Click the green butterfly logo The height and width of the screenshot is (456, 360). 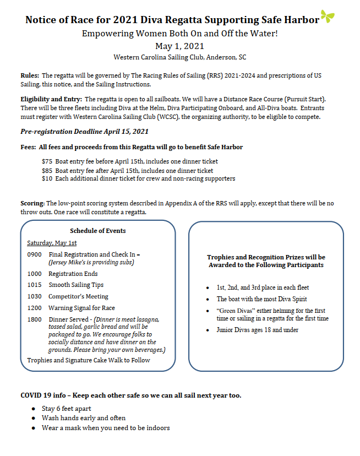pos(328,17)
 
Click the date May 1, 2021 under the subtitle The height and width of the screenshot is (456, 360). pos(179,45)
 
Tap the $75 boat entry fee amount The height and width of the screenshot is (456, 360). pos(47,162)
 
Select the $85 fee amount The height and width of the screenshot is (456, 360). pos(47,170)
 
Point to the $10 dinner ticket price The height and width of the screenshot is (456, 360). pos(47,178)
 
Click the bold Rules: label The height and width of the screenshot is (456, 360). pos(30,75)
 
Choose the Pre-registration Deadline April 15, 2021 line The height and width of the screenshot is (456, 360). pos(84,132)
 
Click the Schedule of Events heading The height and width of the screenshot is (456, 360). pos(98,231)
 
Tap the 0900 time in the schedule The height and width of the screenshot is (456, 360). pos(34,254)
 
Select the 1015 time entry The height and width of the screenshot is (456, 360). pos(34,285)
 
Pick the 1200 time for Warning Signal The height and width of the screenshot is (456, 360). pos(34,308)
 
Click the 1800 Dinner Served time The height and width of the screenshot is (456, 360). pos(34,319)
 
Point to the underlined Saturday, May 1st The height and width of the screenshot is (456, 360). pos(52,243)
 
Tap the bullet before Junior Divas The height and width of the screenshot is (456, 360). pos(208,330)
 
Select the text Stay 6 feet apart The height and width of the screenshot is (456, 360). pos(67,409)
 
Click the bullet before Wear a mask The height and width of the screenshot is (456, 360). pos(34,428)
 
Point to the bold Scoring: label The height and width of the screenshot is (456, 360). pos(32,203)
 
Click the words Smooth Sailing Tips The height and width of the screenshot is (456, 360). pos(76,285)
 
